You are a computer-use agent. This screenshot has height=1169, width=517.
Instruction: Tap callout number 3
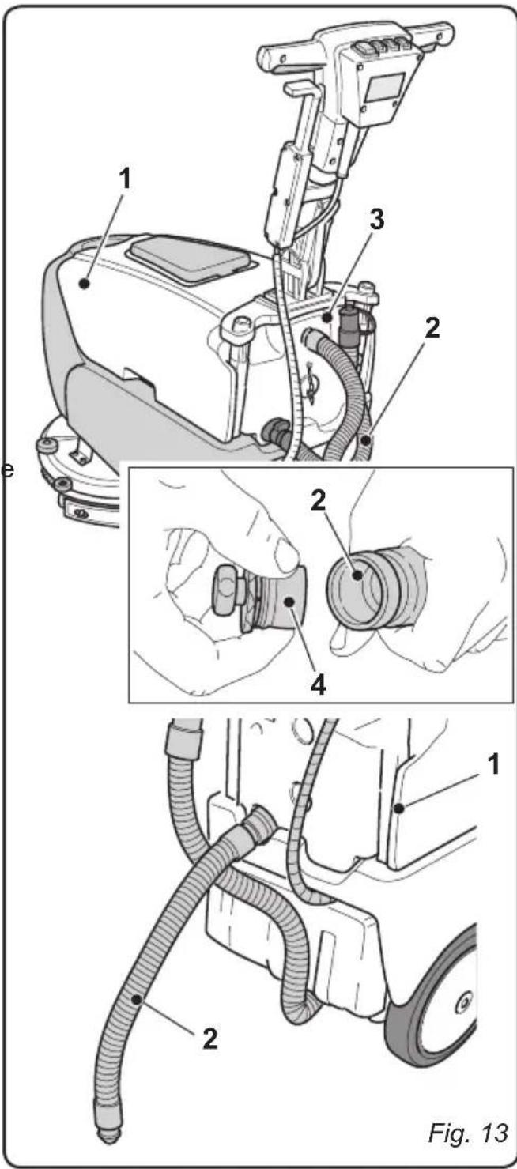379,221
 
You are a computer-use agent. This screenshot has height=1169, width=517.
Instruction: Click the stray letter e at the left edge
8,471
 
